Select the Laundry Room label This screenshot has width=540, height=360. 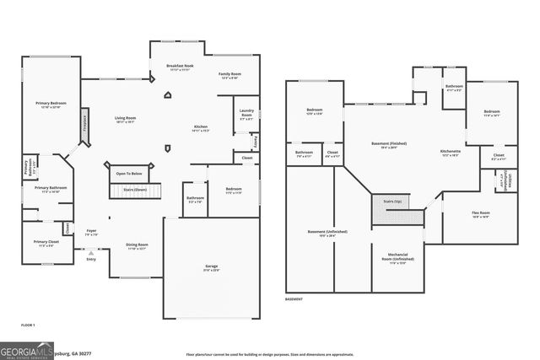click(x=246, y=112)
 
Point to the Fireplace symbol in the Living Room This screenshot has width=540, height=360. click(x=84, y=126)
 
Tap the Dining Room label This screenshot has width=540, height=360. click(x=137, y=246)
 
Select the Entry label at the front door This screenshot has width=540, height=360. click(x=91, y=259)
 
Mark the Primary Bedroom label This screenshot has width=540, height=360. click(x=51, y=104)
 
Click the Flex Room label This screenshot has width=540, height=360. click(x=480, y=213)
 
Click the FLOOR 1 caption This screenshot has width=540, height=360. click(x=29, y=324)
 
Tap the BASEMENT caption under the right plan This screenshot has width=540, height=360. click(x=294, y=299)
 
